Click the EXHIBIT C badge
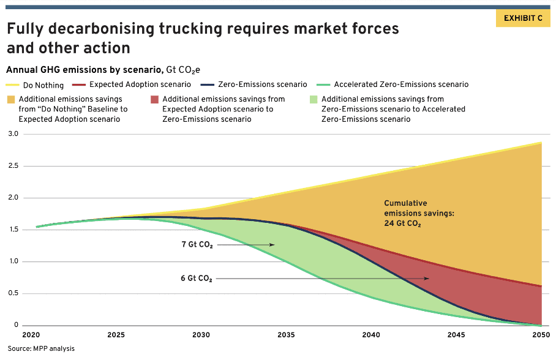pos(523,18)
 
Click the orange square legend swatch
pos(11,99)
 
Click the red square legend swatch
pos(154,99)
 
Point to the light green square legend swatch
pos(314,99)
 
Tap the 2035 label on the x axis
pos(286,335)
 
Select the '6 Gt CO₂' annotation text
pos(196,279)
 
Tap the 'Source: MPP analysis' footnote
pos(42,348)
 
